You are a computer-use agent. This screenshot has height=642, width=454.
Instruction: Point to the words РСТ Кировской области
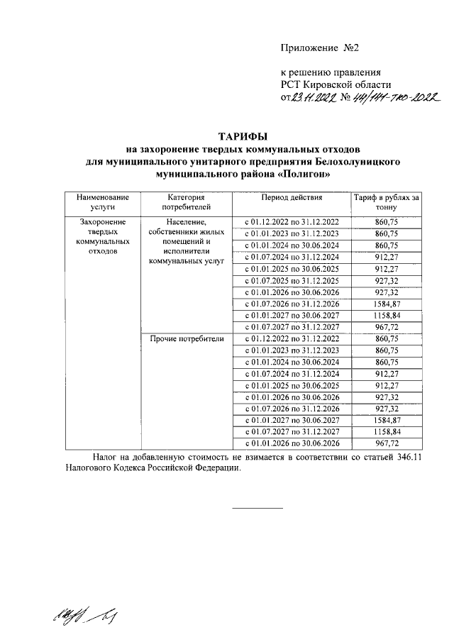coord(331,84)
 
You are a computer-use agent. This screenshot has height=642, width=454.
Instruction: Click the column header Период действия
coord(292,197)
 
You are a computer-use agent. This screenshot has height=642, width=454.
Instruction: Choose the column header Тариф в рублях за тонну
coord(387,202)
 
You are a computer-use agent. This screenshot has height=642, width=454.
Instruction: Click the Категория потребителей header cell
coord(187,202)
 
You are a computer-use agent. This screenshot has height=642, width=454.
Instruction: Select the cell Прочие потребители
coord(187,339)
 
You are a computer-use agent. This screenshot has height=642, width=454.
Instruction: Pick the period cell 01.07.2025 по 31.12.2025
coord(292,281)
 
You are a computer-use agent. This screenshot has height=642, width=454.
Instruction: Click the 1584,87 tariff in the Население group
coord(387,304)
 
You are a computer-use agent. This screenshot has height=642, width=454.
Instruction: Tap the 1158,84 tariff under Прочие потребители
coord(387,431)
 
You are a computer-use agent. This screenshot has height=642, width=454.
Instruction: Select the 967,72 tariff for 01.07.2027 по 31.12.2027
coord(387,327)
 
